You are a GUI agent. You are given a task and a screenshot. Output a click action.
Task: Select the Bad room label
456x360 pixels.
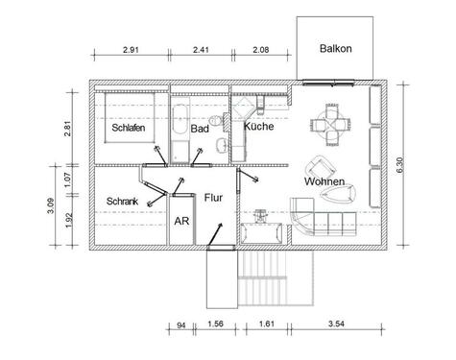point(200,128)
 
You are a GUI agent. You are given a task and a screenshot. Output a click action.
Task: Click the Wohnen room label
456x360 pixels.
point(324,181)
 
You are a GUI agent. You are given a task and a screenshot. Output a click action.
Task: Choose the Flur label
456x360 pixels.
point(214,197)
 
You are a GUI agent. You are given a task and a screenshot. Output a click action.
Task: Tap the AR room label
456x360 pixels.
point(181,220)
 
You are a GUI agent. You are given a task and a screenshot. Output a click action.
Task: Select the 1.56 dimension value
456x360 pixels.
point(218,325)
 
